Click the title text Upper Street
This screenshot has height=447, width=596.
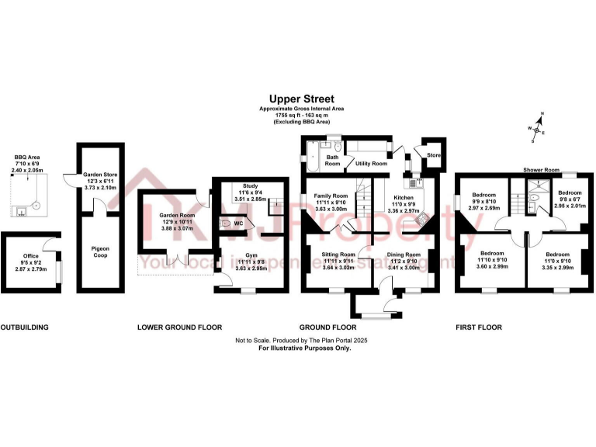click(302, 99)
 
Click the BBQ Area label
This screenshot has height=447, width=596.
click(26, 158)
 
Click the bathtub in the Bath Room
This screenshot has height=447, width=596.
click(313, 158)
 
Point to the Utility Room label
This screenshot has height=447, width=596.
click(371, 164)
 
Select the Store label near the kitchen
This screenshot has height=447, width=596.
click(434, 155)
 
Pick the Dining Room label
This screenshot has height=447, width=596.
click(404, 255)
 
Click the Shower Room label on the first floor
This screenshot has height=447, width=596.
click(541, 169)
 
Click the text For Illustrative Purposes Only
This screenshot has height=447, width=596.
click(293, 348)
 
